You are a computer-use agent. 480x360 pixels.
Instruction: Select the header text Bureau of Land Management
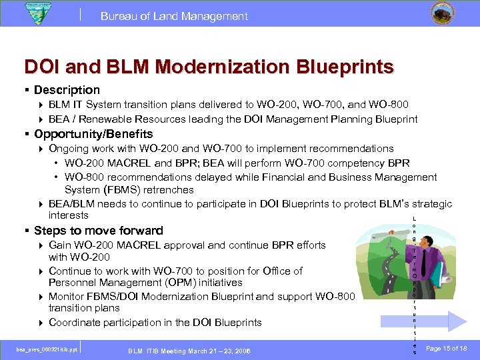click(174, 16)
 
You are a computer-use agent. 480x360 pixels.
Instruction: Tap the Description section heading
click(67, 89)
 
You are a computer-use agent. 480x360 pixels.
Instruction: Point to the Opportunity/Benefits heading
click(93, 134)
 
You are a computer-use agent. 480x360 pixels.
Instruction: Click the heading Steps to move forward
click(98, 231)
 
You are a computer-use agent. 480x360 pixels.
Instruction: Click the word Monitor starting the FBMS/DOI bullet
click(68, 296)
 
